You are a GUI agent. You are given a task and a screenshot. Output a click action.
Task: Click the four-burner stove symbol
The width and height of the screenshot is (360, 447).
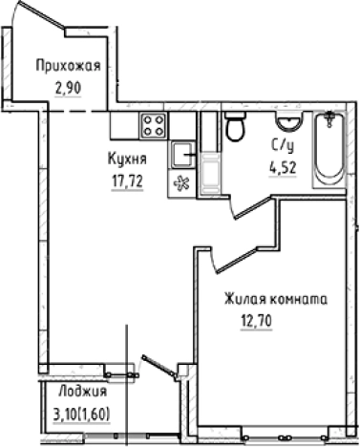(154, 125)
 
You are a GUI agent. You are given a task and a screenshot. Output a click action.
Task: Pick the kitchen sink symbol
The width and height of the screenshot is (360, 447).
(181, 153)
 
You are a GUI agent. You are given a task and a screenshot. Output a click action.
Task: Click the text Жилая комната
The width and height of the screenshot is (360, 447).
(276, 299)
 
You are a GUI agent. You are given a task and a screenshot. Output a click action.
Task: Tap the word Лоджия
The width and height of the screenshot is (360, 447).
(81, 393)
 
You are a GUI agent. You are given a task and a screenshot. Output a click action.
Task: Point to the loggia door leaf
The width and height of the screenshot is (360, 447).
(158, 368)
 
